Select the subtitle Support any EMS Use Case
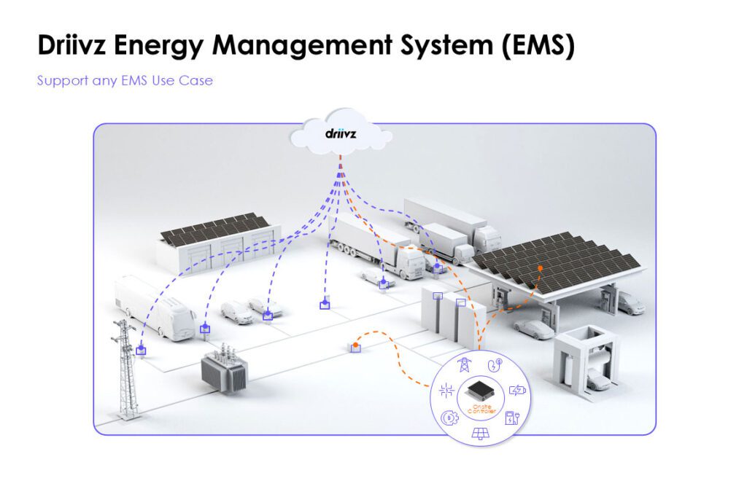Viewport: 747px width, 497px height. click(x=125, y=80)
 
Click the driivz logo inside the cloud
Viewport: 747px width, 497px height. click(x=341, y=134)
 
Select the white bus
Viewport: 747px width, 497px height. click(x=155, y=307)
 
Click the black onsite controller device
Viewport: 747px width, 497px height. click(x=479, y=391)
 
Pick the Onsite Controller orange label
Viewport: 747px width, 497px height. click(x=479, y=410)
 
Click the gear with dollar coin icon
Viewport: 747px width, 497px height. click(x=448, y=418)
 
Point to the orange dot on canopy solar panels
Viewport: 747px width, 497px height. click(x=540, y=268)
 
